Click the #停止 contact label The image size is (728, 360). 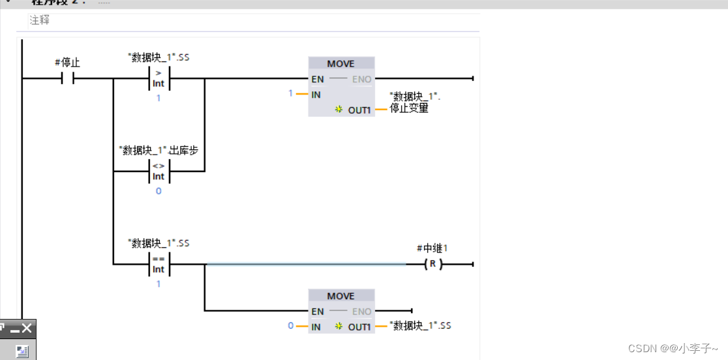(x=67, y=63)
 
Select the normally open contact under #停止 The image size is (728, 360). (x=68, y=79)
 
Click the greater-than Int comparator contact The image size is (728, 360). (x=159, y=79)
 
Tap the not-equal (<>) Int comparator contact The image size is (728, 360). (x=159, y=171)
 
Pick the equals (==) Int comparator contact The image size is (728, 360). (x=159, y=264)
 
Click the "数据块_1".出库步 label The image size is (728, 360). (x=159, y=150)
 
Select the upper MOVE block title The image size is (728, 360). (x=341, y=64)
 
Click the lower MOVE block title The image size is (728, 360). (x=341, y=296)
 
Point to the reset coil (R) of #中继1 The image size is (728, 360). (x=432, y=265)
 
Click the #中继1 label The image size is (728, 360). (x=432, y=248)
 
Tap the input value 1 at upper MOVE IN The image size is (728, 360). (x=291, y=94)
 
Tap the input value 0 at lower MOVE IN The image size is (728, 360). (x=291, y=325)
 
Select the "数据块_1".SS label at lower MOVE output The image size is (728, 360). (x=419, y=325)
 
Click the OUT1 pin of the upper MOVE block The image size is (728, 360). (x=359, y=110)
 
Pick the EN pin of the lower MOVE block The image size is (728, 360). (x=318, y=312)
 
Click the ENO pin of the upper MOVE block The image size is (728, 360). (x=361, y=80)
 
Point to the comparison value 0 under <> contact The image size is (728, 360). (x=159, y=191)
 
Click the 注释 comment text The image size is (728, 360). (x=40, y=20)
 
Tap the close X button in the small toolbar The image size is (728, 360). (x=27, y=328)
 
